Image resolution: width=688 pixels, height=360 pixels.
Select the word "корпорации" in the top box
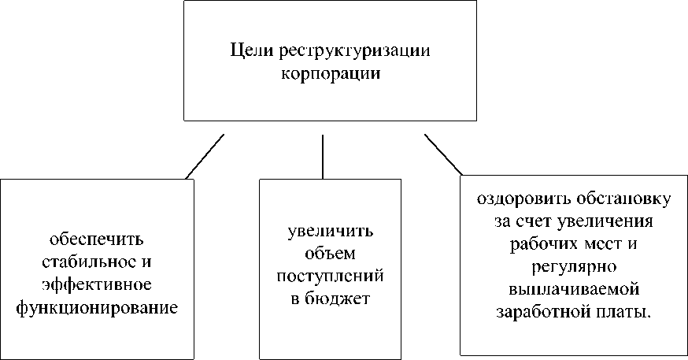pyautogui.click(x=331, y=72)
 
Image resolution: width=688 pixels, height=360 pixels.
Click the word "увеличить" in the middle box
pyautogui.click(x=330, y=232)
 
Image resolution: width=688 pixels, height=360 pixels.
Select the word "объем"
pyautogui.click(x=330, y=254)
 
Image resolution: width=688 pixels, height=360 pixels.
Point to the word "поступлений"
pyautogui.click(x=330, y=276)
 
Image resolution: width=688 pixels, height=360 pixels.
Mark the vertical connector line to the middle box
pyautogui.click(x=323, y=156)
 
